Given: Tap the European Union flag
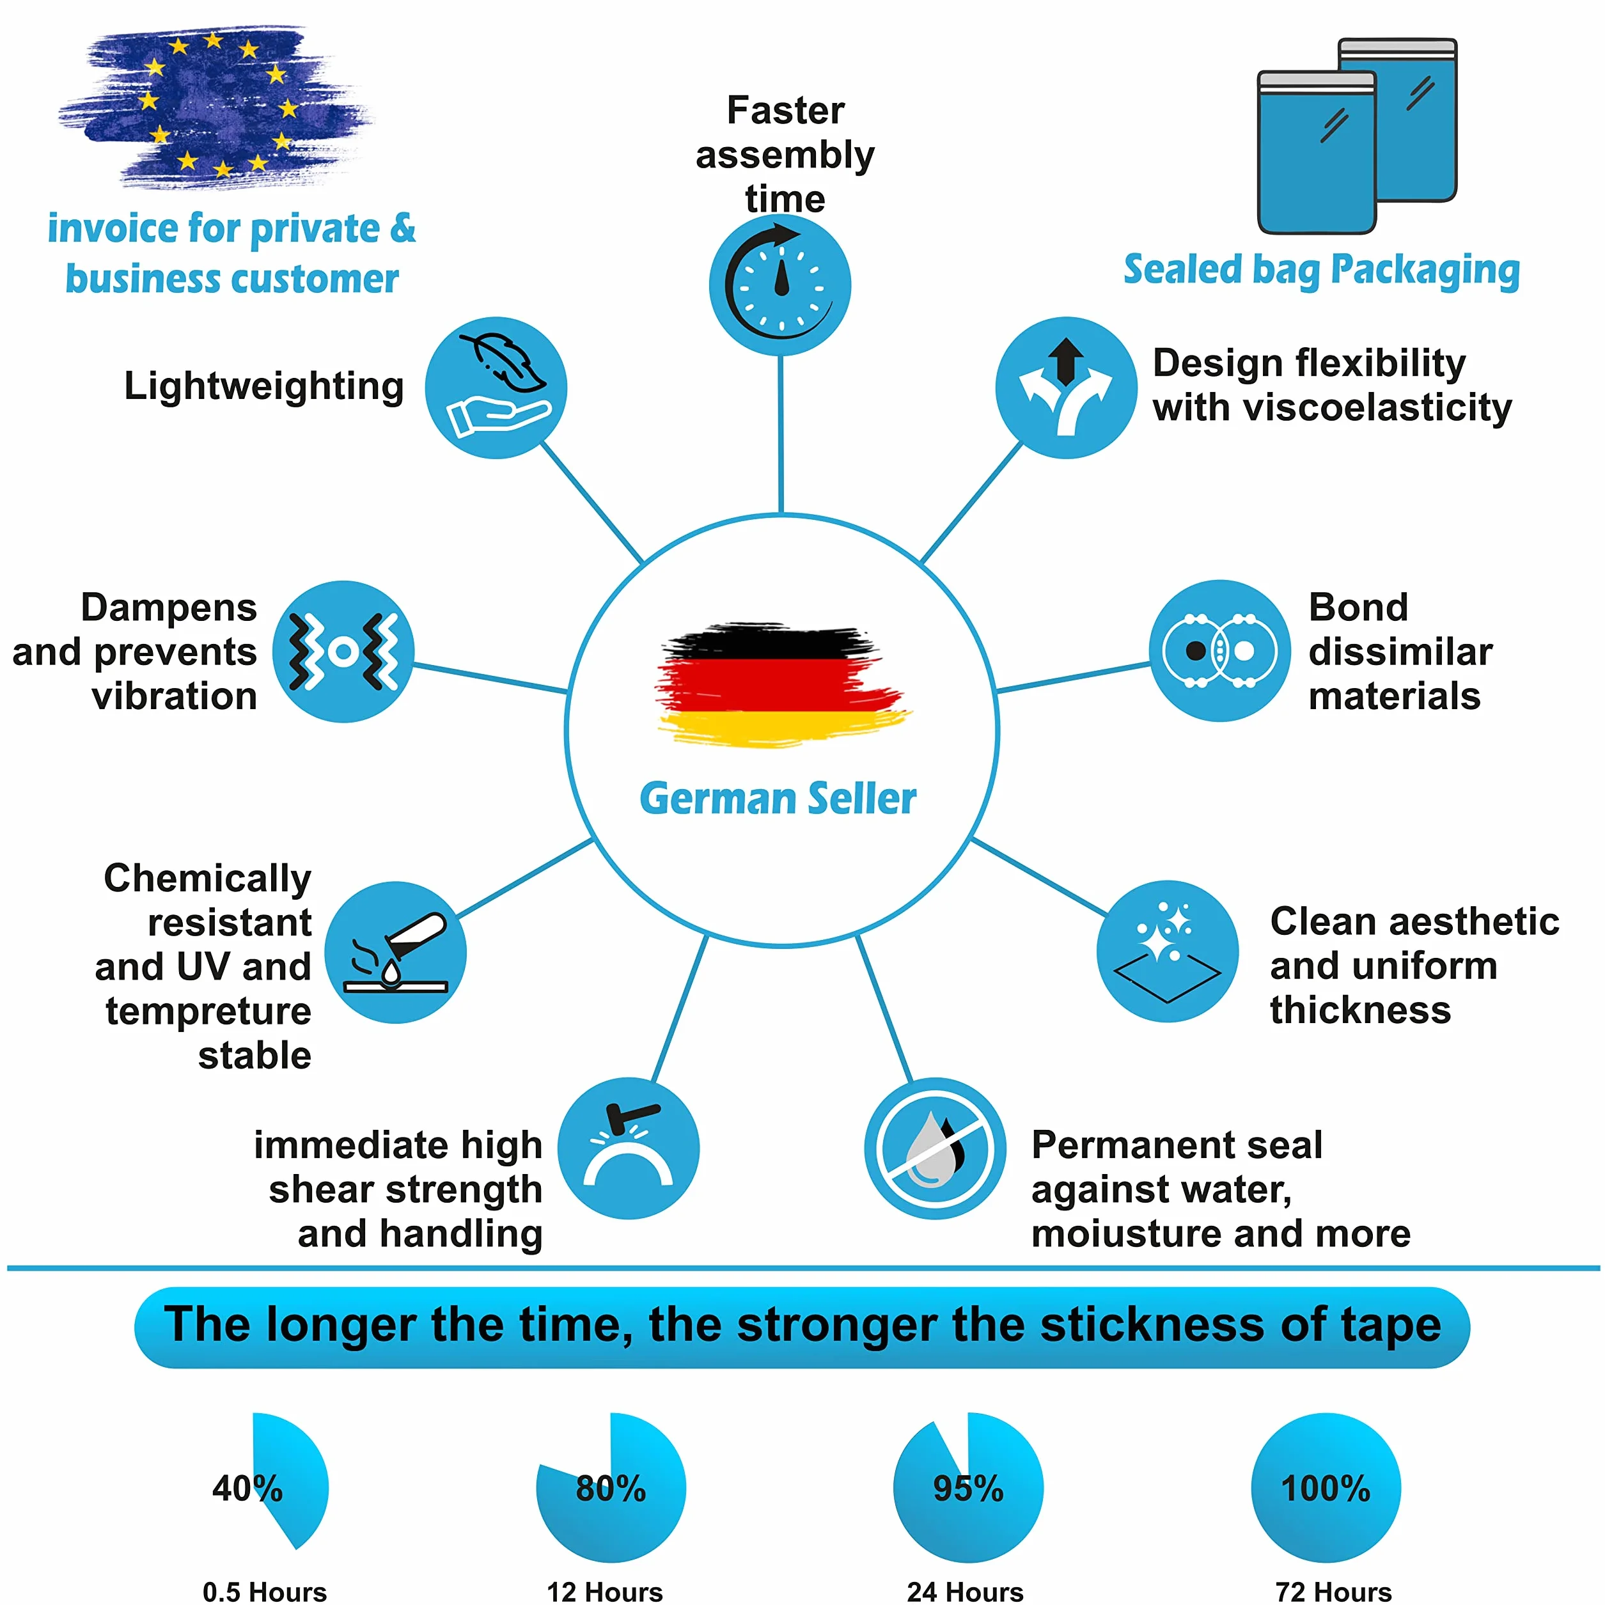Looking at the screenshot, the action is pyautogui.click(x=214, y=106).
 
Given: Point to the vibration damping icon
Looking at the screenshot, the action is pyautogui.click(x=343, y=652).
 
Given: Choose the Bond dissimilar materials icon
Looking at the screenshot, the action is pyautogui.click(x=1219, y=650).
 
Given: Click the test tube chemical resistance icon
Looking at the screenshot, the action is pyautogui.click(x=395, y=952).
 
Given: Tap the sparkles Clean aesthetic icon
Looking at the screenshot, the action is pyautogui.click(x=1167, y=951).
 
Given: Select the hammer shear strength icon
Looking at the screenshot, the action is pyautogui.click(x=628, y=1148).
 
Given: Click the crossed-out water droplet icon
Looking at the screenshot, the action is pyautogui.click(x=935, y=1148).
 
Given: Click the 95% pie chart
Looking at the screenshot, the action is pyautogui.click(x=968, y=1487).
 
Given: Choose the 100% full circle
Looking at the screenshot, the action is pyautogui.click(x=1326, y=1487).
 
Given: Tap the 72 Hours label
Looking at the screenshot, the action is pyautogui.click(x=1333, y=1592).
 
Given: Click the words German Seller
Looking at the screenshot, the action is pyautogui.click(x=778, y=799).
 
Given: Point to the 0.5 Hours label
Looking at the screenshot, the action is pyautogui.click(x=264, y=1592).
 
